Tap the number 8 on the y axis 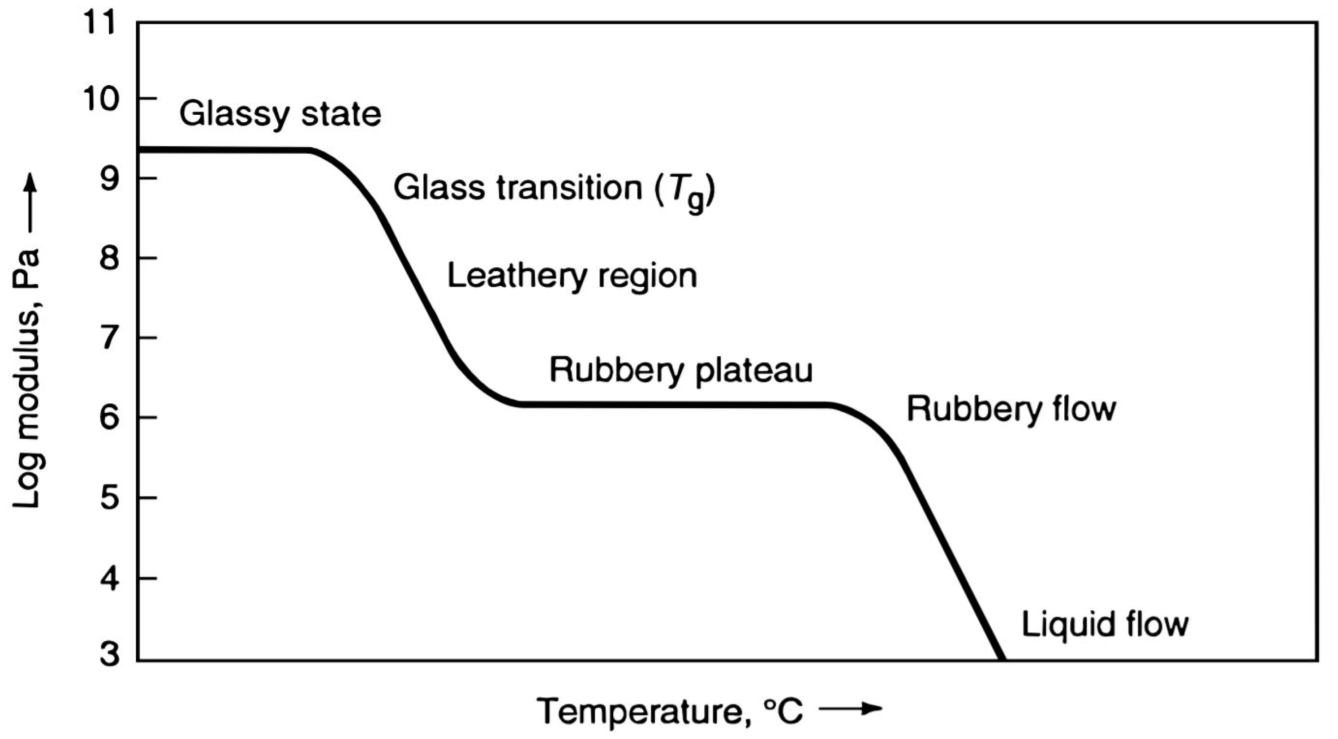tap(110, 258)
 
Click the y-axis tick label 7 tap(110, 338)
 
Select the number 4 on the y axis tap(110, 578)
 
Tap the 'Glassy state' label tap(280, 114)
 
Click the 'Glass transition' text tap(518, 188)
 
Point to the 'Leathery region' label tap(572, 277)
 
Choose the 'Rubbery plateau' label tap(680, 371)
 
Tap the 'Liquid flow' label tap(1105, 624)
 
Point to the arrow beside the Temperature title tap(850, 709)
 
